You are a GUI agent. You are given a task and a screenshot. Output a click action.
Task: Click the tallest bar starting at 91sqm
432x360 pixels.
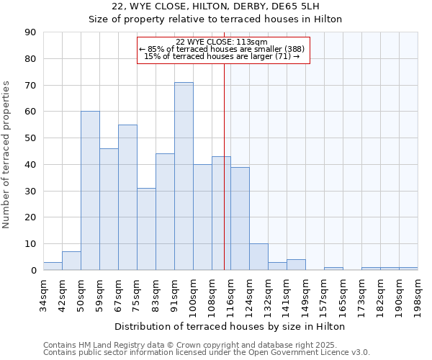pyautogui.click(x=184, y=176)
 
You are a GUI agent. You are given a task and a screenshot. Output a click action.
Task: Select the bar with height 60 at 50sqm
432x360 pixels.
pyautogui.click(x=90, y=191)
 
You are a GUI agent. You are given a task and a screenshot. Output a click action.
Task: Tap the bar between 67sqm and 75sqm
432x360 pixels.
pyautogui.click(x=127, y=197)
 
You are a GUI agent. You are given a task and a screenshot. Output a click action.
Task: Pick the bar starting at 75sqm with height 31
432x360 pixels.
pyautogui.click(x=146, y=229)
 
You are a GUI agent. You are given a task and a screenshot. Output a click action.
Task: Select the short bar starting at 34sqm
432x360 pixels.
pyautogui.click(x=53, y=266)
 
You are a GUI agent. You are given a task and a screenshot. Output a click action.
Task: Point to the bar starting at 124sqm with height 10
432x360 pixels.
pyautogui.click(x=258, y=257)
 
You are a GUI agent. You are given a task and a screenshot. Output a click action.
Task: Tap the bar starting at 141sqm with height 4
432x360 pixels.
pyautogui.click(x=296, y=265)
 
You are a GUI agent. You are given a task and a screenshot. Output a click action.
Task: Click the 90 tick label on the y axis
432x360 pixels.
pyautogui.click(x=30, y=32)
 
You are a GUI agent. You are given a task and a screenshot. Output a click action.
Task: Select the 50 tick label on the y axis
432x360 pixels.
pyautogui.click(x=30, y=138)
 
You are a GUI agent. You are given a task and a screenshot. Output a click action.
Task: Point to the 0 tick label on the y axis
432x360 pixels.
pyautogui.click(x=33, y=271)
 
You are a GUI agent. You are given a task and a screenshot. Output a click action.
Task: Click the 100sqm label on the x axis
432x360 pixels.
pyautogui.click(x=192, y=294)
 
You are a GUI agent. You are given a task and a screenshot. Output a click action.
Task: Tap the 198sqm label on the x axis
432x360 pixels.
pyautogui.click(x=418, y=294)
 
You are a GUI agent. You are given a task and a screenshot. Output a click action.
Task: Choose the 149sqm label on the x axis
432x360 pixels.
pyautogui.click(x=305, y=294)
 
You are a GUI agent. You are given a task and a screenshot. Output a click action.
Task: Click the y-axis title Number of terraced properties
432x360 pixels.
pyautogui.click(x=7, y=155)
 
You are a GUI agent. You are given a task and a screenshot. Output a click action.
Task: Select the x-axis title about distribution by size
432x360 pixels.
pyautogui.click(x=230, y=326)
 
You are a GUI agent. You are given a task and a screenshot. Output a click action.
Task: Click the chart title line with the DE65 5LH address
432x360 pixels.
pyautogui.click(x=215, y=6)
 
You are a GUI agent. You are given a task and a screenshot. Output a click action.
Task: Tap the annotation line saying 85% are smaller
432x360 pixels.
pyautogui.click(x=222, y=49)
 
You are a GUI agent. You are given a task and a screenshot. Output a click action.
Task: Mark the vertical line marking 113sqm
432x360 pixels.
pyautogui.click(x=224, y=180)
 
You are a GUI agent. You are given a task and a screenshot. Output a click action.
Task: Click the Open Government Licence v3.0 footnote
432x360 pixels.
pyautogui.click(x=207, y=353)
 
